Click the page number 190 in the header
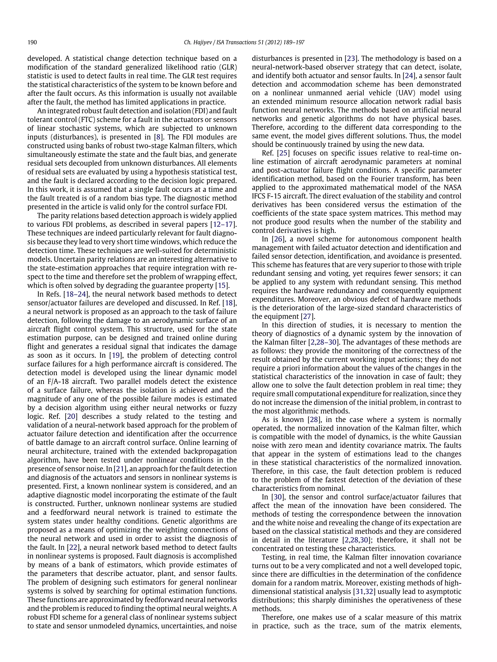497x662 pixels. point(32,42)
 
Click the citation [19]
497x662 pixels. point(115,355)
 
